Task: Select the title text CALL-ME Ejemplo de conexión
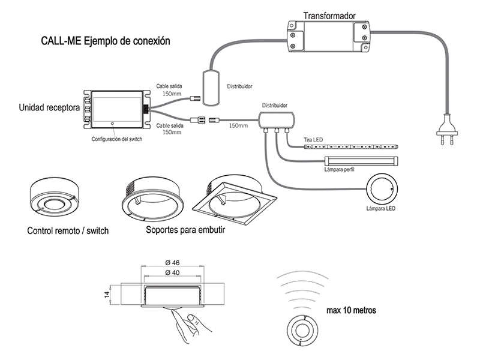click(x=106, y=42)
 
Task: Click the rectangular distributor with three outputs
click(x=277, y=118)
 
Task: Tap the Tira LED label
click(x=313, y=140)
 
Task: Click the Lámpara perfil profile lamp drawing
click(x=360, y=161)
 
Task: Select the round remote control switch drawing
click(x=55, y=197)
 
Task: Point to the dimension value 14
click(x=106, y=294)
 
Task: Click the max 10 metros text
click(x=352, y=311)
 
